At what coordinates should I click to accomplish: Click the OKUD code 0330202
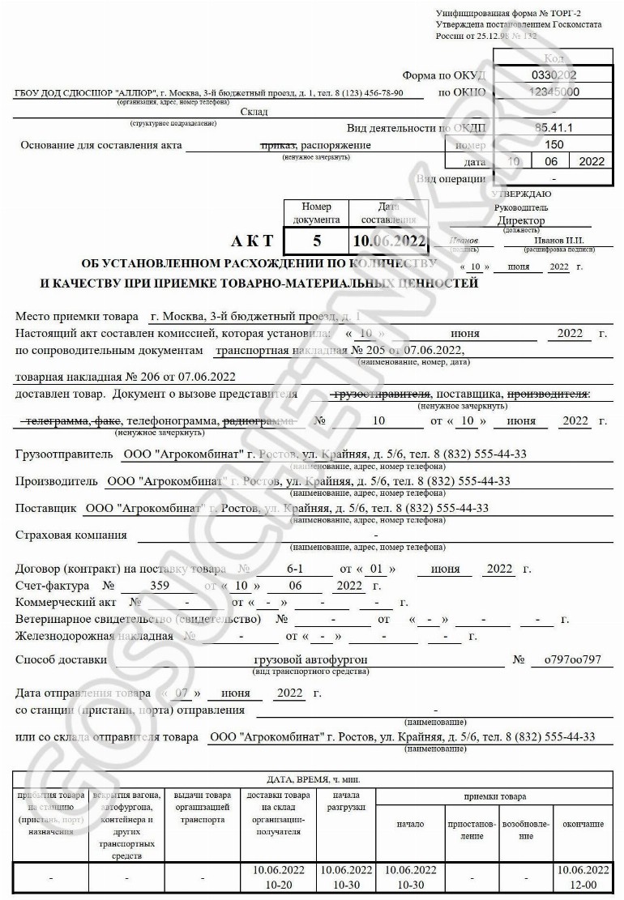pyautogui.click(x=553, y=75)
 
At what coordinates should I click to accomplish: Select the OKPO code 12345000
pyautogui.click(x=553, y=92)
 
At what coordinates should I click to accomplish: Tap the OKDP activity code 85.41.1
pyautogui.click(x=553, y=128)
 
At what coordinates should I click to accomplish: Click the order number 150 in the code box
pyautogui.click(x=553, y=144)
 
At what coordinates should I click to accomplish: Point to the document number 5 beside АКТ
pyautogui.click(x=317, y=241)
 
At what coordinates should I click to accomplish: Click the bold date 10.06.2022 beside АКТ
pyautogui.click(x=389, y=241)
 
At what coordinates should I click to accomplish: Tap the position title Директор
pyautogui.click(x=522, y=220)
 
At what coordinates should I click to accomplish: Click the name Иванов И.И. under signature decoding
pyautogui.click(x=559, y=240)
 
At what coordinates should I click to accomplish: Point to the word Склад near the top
pyautogui.click(x=254, y=112)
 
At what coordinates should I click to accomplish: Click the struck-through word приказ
pyautogui.click(x=276, y=145)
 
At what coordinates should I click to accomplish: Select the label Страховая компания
pyautogui.click(x=71, y=535)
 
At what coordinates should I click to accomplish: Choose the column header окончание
pyautogui.click(x=583, y=824)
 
